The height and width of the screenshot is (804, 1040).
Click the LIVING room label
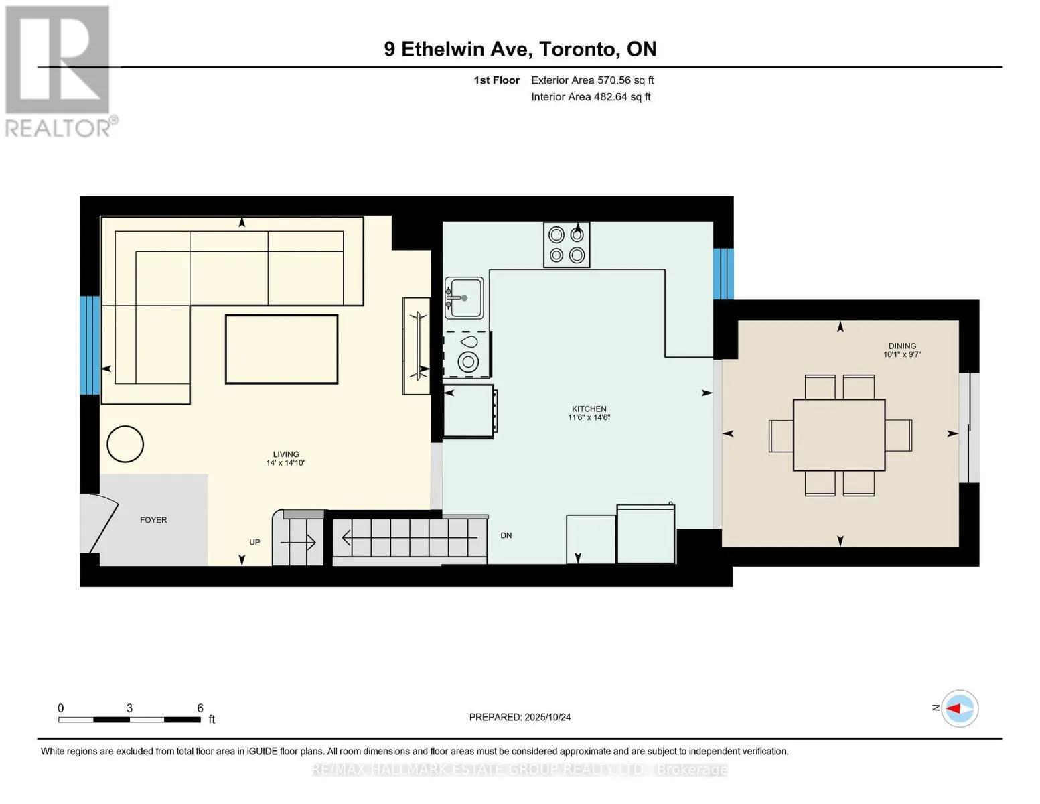coord(286,454)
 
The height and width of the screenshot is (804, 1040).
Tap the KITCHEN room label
coord(589,409)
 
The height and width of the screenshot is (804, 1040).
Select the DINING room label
coord(902,346)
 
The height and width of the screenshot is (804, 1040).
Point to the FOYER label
coord(153,519)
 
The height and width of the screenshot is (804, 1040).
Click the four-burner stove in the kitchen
coord(566,245)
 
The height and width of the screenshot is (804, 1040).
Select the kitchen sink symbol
coord(464,298)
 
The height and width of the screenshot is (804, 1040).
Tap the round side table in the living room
coord(125,444)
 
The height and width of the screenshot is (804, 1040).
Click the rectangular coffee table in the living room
coord(281,349)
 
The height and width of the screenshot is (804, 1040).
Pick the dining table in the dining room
coord(839,435)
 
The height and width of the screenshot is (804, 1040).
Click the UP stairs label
coord(254,542)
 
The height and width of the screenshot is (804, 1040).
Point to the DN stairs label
coord(506,535)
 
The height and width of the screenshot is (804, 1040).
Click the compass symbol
coord(959,708)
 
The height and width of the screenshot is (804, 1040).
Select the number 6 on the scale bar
coord(200,708)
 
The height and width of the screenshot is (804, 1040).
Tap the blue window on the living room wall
coord(90,345)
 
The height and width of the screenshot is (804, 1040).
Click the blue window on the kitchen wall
coord(723,274)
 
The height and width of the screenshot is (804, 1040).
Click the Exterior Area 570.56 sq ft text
coord(592,80)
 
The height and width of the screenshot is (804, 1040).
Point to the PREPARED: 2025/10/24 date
coord(520,717)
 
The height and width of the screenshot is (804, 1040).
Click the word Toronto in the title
coord(577,49)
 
